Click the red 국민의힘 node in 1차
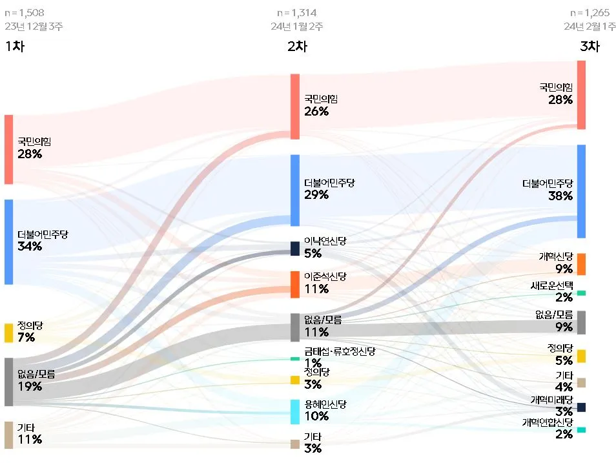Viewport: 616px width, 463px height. pos(8,149)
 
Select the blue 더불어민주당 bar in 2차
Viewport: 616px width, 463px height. pos(295,190)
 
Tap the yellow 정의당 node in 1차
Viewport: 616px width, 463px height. pos(8,333)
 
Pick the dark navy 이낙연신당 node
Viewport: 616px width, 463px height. pos(295,249)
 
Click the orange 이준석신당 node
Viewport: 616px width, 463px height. pos(295,284)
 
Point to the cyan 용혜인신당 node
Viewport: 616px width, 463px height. pos(295,411)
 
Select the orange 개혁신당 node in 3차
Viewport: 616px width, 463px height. pos(581,264)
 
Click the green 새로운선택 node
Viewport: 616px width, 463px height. pos(581,293)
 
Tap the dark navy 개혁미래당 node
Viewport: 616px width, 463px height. pos(581,407)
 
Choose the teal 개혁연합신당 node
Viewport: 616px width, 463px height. pos(581,429)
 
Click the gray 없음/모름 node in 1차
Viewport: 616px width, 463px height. pos(8,382)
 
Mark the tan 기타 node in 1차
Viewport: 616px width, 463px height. pos(8,435)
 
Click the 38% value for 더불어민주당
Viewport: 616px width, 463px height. pos(559,196)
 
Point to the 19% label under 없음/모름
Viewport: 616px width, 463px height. pos(30,387)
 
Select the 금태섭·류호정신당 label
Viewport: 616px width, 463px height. pos(340,352)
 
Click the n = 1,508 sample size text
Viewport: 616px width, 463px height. pos(24,12)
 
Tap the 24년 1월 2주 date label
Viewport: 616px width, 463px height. pos(297,26)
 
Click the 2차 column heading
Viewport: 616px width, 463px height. pos(298,46)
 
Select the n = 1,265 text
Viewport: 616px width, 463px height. pos(589,12)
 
